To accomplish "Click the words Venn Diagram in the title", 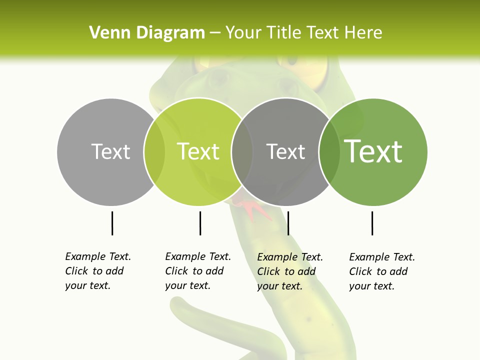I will [x=147, y=33].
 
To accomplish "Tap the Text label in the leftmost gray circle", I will [x=110, y=151].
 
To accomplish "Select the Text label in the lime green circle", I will [x=198, y=151].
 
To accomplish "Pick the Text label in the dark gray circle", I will [x=285, y=151].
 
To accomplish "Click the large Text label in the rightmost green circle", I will [x=373, y=151].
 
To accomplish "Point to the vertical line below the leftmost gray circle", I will [x=112, y=223].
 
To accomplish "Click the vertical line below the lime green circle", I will [x=200, y=223].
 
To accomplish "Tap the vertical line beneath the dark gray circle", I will [x=288, y=223].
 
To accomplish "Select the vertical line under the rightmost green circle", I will [x=372, y=223].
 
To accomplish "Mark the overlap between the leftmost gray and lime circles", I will [x=154, y=151].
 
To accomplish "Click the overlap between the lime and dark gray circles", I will [x=242, y=151].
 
